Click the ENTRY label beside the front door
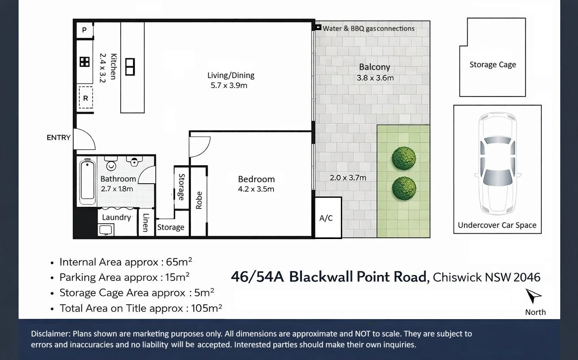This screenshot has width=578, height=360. tap(59, 137)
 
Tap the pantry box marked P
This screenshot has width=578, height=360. tap(84, 30)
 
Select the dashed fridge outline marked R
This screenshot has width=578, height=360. tap(86, 98)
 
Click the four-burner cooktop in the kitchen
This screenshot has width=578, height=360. tap(85, 62)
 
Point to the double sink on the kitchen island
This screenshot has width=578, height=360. tap(130, 67)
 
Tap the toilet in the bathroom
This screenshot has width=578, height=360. tap(111, 163)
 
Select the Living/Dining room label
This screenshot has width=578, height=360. tap(231, 75)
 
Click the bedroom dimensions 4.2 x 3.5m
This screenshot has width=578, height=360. tap(256, 189)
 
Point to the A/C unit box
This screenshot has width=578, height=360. tap(328, 218)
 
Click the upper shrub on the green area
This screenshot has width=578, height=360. tap(404, 159)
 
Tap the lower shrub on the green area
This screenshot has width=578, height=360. tap(404, 188)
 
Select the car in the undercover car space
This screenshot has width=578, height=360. tap(497, 163)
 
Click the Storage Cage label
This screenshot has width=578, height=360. tap(492, 64)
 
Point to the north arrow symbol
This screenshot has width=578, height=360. tap(533, 296)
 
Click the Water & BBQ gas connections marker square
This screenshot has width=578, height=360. tap(318, 27)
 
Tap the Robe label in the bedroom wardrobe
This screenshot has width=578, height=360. tap(199, 200)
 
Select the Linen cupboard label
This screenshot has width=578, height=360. tap(146, 223)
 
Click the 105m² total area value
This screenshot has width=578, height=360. tap(207, 308)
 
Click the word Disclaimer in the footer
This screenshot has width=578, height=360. tap(50, 334)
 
